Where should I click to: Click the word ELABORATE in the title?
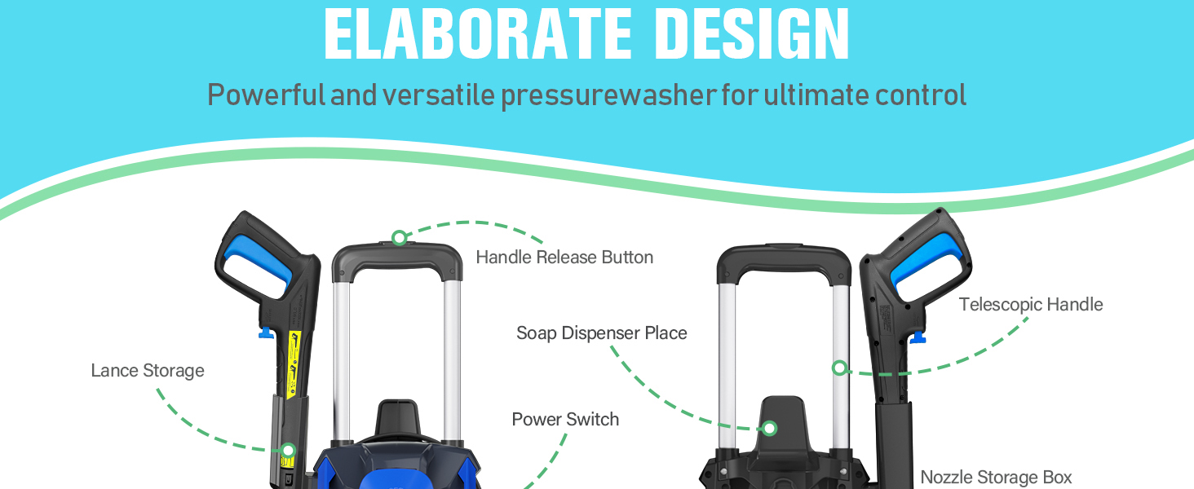point(478,33)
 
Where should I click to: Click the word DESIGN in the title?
point(752,33)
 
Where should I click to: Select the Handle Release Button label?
point(564,258)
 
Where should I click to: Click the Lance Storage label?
point(148,371)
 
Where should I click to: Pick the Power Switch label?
point(565,419)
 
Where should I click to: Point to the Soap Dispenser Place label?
point(602,333)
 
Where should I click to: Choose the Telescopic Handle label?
point(1031,305)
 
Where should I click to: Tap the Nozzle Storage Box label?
point(997,478)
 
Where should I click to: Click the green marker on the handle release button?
point(400,238)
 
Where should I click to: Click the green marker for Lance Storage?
point(289,451)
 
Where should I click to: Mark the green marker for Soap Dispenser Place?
point(769,428)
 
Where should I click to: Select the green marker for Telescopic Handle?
point(840,368)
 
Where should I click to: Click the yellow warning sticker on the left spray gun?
point(294,364)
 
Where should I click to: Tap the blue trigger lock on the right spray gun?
point(918,337)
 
